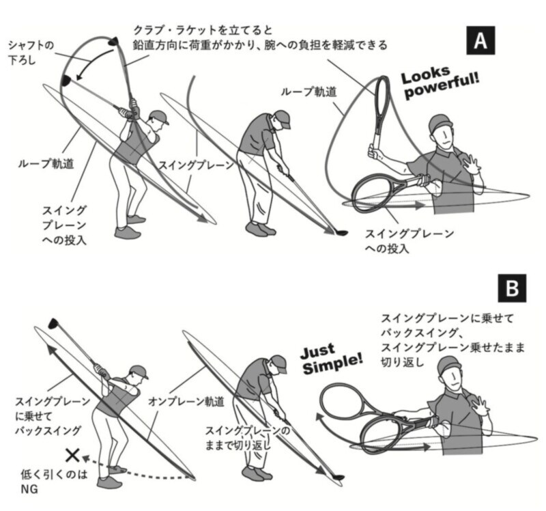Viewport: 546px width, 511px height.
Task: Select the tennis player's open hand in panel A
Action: pyautogui.click(x=472, y=164)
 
